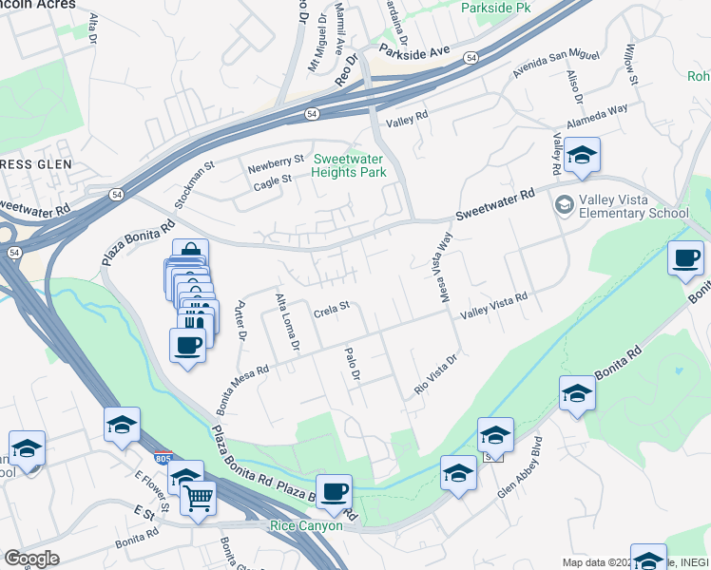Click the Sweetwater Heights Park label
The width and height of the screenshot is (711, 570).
click(349, 166)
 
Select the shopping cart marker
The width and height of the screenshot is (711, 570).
click(199, 496)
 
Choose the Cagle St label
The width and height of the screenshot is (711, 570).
click(271, 181)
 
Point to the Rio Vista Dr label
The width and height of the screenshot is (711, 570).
click(436, 375)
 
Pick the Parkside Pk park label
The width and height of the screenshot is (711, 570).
click(499, 8)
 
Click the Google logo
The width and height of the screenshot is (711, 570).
click(31, 559)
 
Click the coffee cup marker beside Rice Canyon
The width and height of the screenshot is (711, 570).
click(334, 492)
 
